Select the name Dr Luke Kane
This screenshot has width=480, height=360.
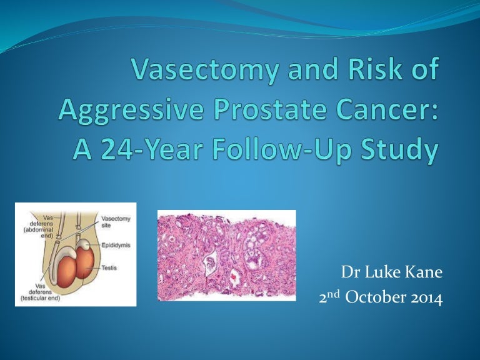coord(391,273)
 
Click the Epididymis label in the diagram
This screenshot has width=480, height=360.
coord(115,246)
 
